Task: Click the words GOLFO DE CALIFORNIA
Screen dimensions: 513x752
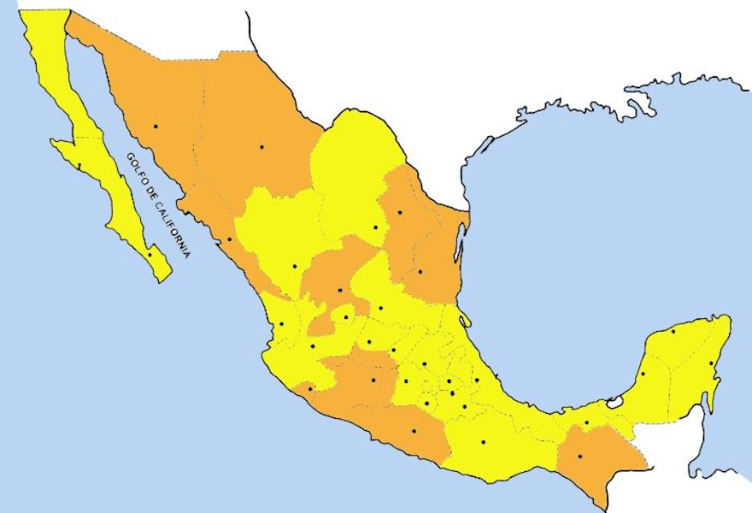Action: [x=157, y=205]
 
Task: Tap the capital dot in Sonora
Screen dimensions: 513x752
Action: [x=156, y=127]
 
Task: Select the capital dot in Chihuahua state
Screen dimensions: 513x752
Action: [x=261, y=147]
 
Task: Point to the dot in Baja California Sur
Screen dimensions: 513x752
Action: [x=150, y=254]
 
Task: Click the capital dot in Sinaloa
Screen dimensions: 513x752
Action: [x=229, y=239]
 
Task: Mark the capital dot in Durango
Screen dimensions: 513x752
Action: [x=294, y=267]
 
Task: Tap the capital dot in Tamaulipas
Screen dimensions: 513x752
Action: [x=420, y=272]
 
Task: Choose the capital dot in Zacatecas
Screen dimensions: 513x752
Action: [x=339, y=291]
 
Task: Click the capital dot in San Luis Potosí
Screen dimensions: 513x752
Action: [x=381, y=308]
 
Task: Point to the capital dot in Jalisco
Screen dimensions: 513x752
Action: [x=312, y=346]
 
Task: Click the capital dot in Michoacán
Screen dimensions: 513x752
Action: [x=373, y=380]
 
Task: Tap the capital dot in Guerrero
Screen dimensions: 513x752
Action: [x=414, y=431]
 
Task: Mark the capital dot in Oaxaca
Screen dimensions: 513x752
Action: [x=483, y=442]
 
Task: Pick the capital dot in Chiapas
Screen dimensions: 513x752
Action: [x=579, y=457]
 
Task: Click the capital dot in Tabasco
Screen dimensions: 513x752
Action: [x=586, y=422]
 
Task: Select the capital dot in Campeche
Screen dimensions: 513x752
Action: [x=642, y=374]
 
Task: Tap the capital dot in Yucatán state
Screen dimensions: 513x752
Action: [x=673, y=332]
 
